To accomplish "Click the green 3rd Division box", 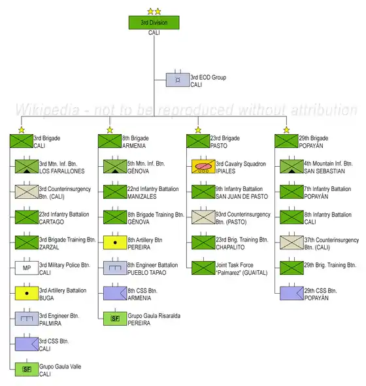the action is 154,23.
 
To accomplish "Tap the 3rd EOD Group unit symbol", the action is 178,80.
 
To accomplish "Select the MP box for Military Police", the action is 27,268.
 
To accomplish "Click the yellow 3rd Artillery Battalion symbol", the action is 27,293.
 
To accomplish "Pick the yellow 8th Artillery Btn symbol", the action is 115,243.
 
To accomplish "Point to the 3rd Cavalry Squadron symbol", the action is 203,166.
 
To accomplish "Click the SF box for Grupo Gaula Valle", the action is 27,369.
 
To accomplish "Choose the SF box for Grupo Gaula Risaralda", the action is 115,319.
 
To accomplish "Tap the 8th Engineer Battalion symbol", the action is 115,268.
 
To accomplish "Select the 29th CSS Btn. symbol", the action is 291,293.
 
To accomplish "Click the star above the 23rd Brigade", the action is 198,130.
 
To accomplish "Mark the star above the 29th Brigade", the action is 286,130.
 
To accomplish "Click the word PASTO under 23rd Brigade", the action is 219,146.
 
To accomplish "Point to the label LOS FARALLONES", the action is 62,171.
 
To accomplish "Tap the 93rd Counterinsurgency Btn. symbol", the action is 203,217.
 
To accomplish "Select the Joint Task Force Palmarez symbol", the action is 203,268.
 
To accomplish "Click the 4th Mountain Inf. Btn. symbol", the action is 291,166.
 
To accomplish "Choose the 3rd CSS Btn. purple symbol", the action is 27,344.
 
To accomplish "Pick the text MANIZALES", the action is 142,196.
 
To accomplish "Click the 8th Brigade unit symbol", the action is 110,141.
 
